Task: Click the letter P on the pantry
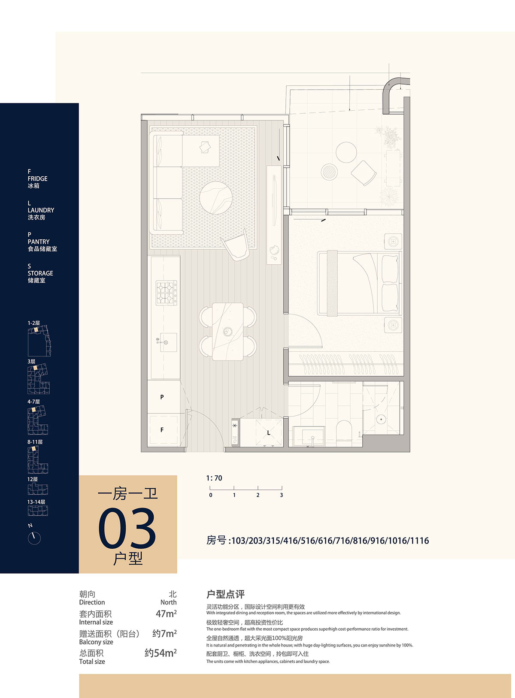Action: pos(162,397)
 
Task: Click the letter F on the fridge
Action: pos(162,430)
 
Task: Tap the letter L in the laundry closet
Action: pos(268,433)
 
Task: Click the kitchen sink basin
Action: pos(168,342)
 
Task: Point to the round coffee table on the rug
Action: pos(216,198)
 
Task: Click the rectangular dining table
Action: pos(228,332)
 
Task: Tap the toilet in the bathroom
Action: pos(344,430)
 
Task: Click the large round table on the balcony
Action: pos(346,152)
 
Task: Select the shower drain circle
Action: pos(381,419)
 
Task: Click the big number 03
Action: pos(127,528)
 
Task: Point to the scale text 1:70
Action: pos(214,478)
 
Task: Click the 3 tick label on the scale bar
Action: pos(281,495)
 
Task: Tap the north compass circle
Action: pos(34,538)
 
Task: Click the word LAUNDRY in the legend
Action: pos(41,210)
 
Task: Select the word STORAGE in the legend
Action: pos(40,273)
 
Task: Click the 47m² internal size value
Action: pos(166,613)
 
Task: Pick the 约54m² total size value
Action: pos(161,653)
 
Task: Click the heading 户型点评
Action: pos(225,594)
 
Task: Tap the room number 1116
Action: pos(419,541)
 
